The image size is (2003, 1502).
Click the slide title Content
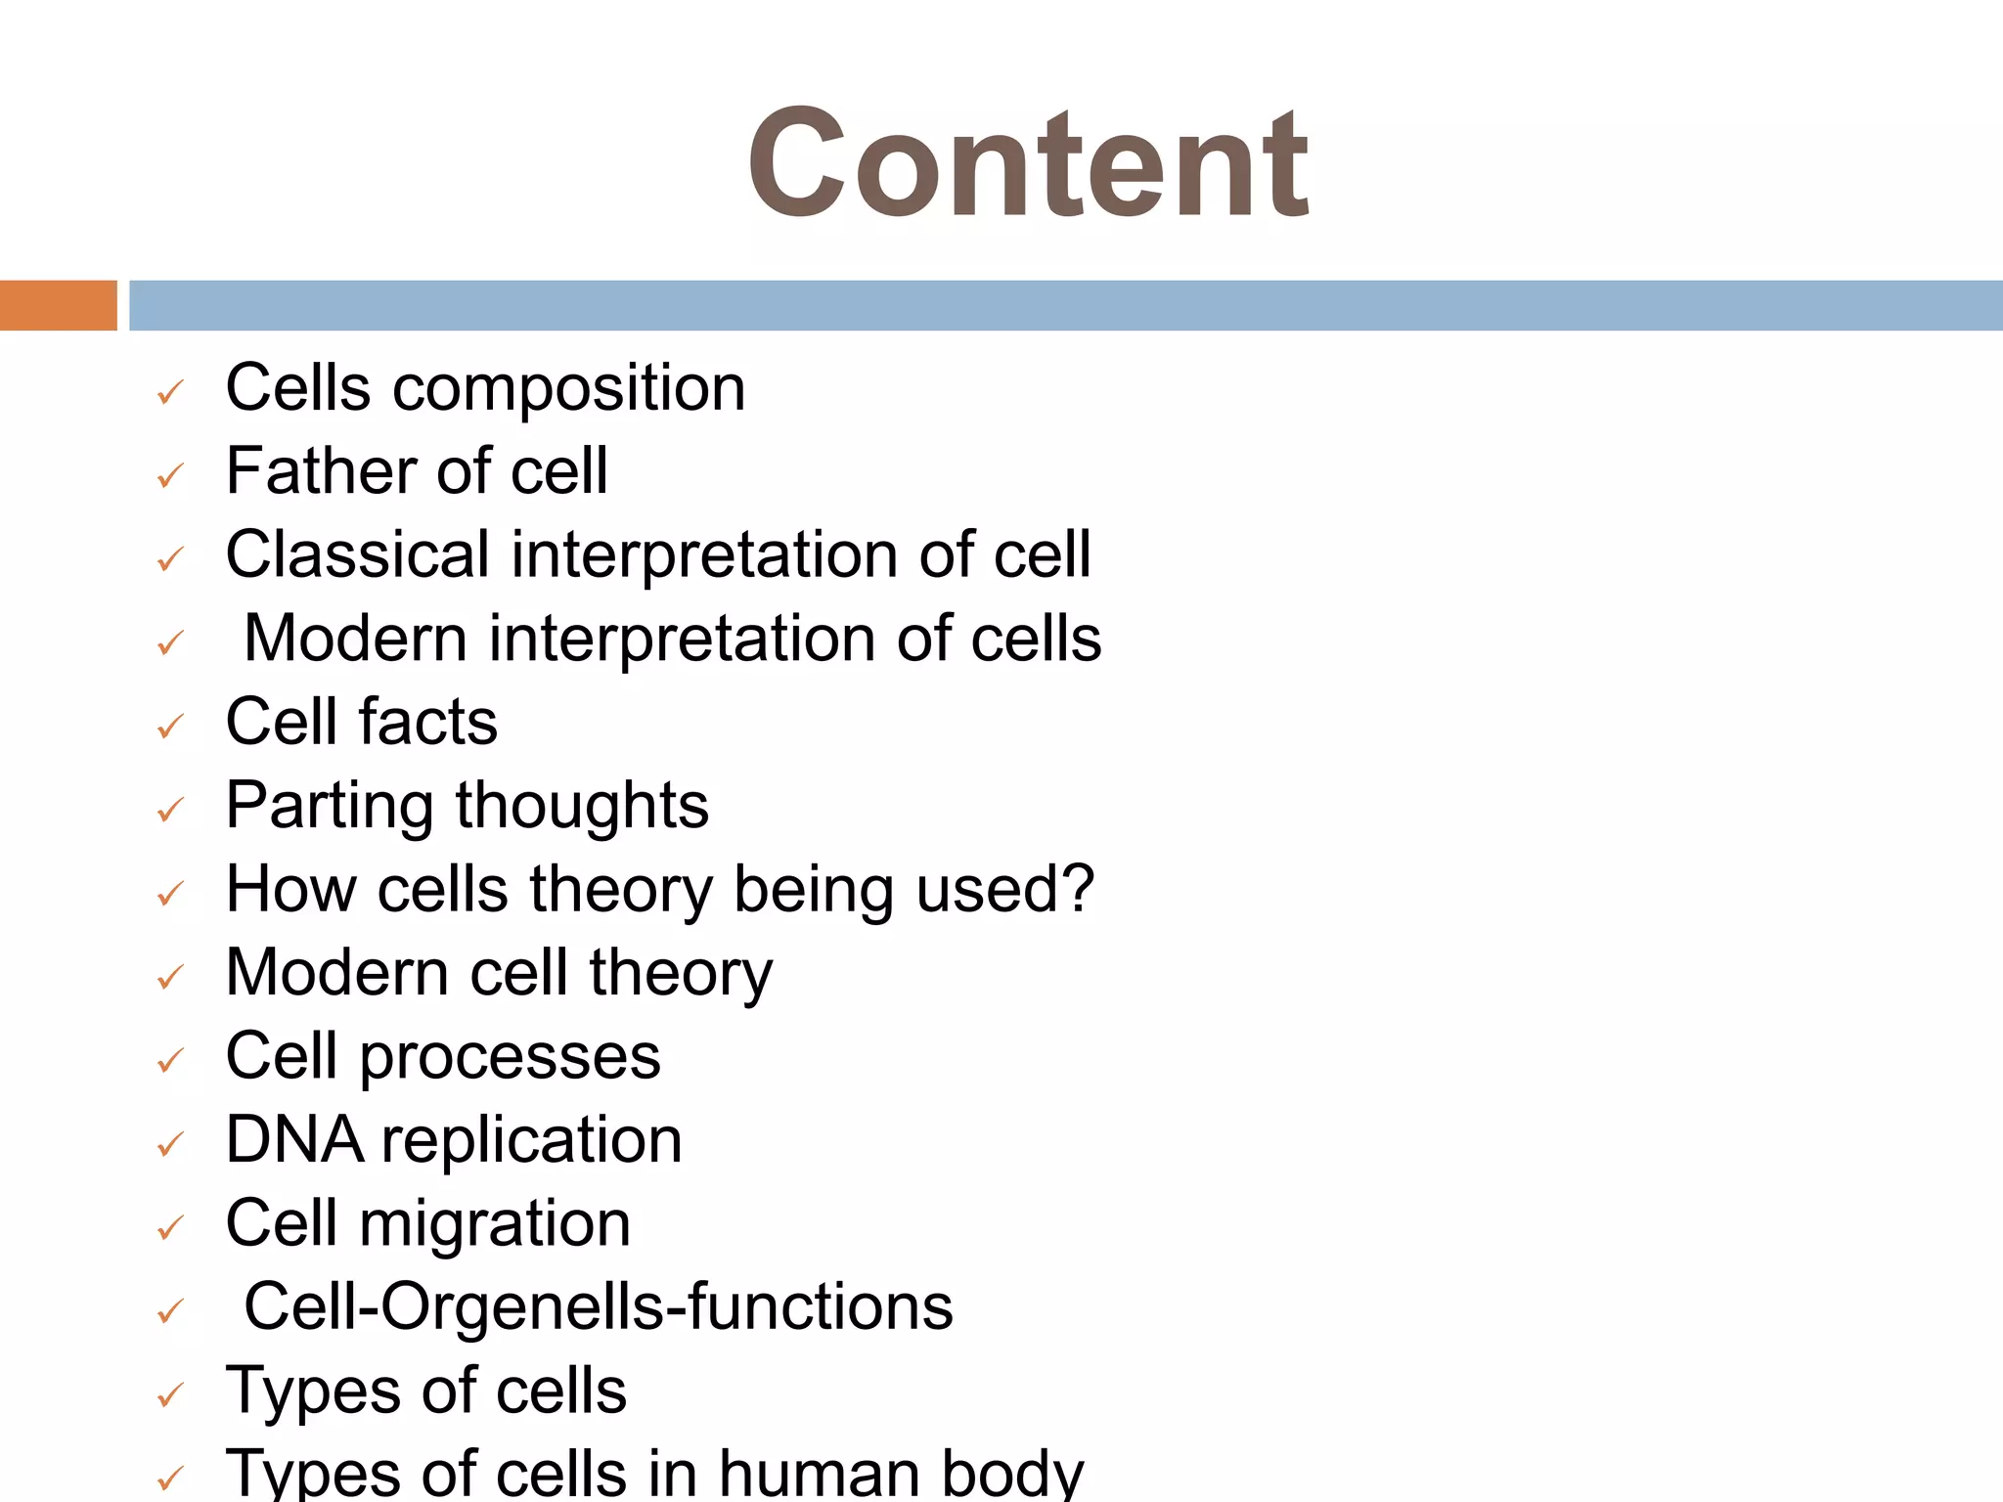pos(1028,164)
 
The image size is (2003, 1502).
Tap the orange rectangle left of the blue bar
pos(58,305)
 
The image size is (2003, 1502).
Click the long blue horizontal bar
pos(1065,305)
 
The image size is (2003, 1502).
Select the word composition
pos(568,389)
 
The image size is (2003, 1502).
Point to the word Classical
pos(357,554)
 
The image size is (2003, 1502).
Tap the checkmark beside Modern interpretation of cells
pos(170,643)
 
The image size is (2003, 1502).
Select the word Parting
pos(330,808)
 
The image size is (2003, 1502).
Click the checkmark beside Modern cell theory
pos(170,977)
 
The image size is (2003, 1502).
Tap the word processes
pos(510,1058)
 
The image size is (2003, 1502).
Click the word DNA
pos(293,1140)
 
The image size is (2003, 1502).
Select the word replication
pos(531,1142)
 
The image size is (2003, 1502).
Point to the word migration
pos(494,1225)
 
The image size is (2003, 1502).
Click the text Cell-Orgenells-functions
pos(598,1307)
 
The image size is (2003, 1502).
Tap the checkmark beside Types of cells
pos(170,1395)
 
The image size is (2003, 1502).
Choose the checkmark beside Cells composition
pos(170,393)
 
